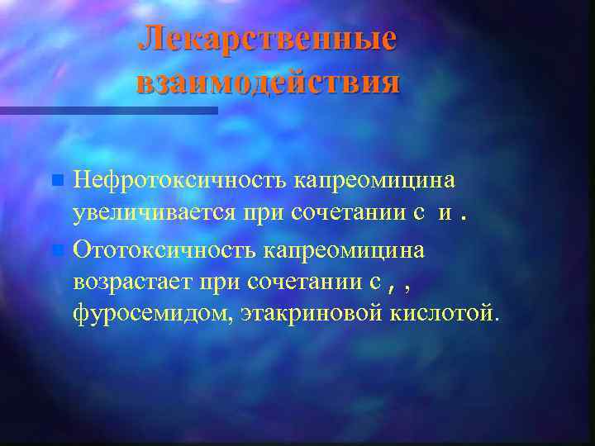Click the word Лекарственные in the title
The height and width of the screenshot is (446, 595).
pyautogui.click(x=267, y=39)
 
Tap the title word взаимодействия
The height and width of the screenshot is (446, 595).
pyautogui.click(x=267, y=83)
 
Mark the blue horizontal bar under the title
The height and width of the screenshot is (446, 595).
pyautogui.click(x=108, y=110)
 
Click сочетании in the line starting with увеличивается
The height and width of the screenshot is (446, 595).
pyautogui.click(x=349, y=213)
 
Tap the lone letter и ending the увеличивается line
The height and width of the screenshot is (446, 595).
pyautogui.click(x=445, y=214)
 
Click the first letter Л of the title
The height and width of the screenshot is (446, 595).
pyautogui.click(x=151, y=39)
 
